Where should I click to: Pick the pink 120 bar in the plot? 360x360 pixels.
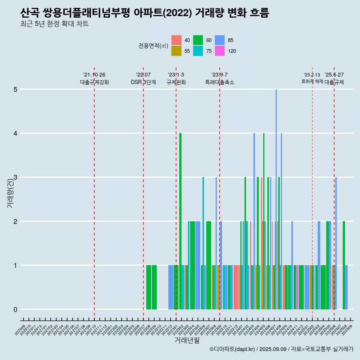297,287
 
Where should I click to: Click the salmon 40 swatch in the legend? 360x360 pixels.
176,40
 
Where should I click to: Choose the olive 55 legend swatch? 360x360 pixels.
176,51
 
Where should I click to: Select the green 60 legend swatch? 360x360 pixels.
198,40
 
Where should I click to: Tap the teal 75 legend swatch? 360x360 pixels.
198,51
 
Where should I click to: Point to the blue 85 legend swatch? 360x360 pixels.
220,40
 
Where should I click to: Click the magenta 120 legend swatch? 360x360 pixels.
220,51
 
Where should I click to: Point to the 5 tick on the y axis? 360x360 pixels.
15,89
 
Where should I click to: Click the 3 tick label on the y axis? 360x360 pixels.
15,177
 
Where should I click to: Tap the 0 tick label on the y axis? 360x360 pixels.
15,309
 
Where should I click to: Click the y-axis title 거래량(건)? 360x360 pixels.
10,193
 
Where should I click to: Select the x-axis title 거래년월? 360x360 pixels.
187,340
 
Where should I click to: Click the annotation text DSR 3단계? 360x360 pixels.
143,82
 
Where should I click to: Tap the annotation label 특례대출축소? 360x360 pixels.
220,82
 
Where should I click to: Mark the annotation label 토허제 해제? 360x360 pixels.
312,81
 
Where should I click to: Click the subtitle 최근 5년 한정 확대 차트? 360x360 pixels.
55,24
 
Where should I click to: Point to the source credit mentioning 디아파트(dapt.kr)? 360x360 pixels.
281,349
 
